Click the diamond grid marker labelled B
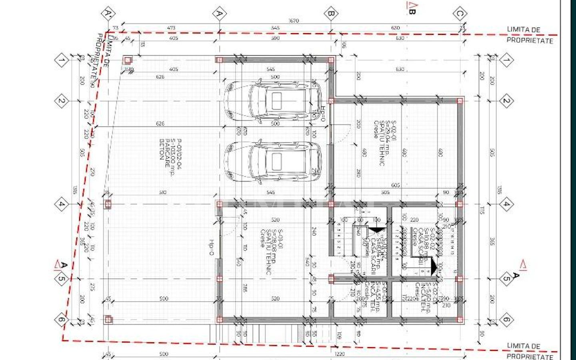point(331,14)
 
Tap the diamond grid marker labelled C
point(460,14)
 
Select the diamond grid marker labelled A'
point(107,14)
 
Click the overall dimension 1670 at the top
point(293,21)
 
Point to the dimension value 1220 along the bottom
point(339,354)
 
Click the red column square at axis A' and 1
point(127,60)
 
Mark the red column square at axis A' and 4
point(108,204)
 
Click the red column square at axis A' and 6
point(108,319)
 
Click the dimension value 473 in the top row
point(171,28)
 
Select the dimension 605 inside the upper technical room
point(395,185)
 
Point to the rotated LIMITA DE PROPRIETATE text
point(102,54)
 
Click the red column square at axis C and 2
point(460,101)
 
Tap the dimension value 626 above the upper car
point(160,77)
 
